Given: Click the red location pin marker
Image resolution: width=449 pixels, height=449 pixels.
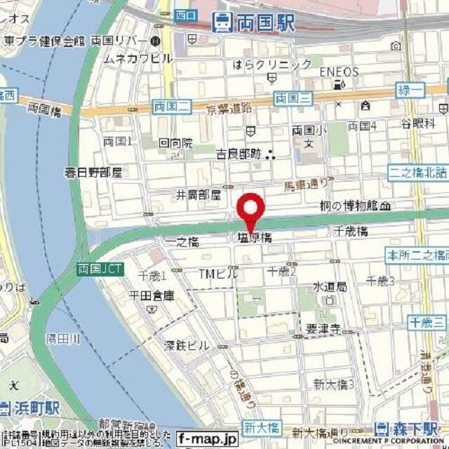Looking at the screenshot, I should pyautogui.click(x=251, y=209).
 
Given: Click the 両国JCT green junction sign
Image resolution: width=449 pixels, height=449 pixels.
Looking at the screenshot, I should pyautogui.click(x=99, y=269).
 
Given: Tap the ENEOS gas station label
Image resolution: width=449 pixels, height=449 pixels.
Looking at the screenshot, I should pyautogui.click(x=339, y=72).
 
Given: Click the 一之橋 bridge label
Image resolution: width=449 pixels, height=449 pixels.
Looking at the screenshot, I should pyautogui.click(x=182, y=241).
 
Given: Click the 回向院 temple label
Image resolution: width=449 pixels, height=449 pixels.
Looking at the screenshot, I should pyautogui.click(x=175, y=142).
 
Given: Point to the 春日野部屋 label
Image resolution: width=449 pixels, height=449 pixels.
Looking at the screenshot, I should pyautogui.click(x=93, y=171).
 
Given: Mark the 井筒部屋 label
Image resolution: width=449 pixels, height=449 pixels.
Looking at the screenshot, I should pyautogui.click(x=199, y=194).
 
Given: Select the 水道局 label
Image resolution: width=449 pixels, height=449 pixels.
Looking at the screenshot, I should pyautogui.click(x=329, y=286).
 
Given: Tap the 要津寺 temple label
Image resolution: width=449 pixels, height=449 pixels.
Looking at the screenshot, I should pyautogui.click(x=323, y=328).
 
